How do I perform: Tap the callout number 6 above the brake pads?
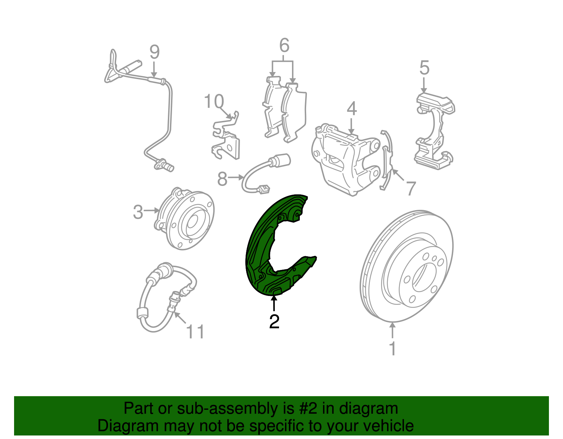point(284,45)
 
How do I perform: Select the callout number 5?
point(424,68)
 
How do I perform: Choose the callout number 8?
point(222,179)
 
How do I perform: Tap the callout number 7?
point(411,188)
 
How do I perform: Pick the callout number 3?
point(138,212)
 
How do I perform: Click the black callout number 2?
point(274,322)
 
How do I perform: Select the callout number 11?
point(196,331)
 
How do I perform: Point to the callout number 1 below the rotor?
point(393,348)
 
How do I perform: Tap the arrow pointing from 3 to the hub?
point(151,211)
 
